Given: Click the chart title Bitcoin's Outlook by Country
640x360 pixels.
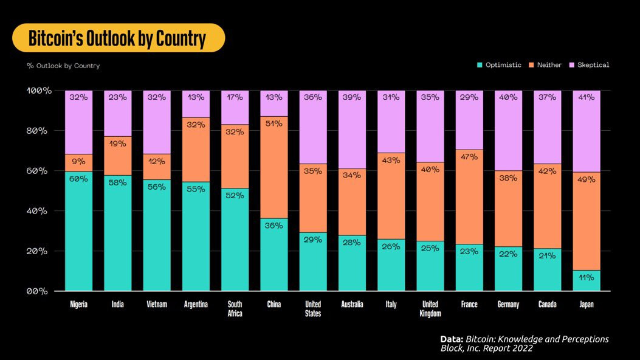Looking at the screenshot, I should [x=118, y=38].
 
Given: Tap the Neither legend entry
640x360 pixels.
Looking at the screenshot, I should [x=549, y=65].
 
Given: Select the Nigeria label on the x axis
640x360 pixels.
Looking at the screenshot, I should [x=78, y=305].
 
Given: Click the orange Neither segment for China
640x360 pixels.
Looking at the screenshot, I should [x=274, y=167].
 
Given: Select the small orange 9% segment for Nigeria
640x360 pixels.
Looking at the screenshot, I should [x=78, y=163].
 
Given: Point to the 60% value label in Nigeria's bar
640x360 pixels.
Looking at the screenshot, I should [x=78, y=179].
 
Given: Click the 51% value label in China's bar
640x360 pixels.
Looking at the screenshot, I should [x=274, y=123].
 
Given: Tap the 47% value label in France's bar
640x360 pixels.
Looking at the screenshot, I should [x=469, y=157].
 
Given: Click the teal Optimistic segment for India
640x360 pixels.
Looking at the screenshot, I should [x=117, y=234].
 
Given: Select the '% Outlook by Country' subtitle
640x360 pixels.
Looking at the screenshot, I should [x=63, y=66].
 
